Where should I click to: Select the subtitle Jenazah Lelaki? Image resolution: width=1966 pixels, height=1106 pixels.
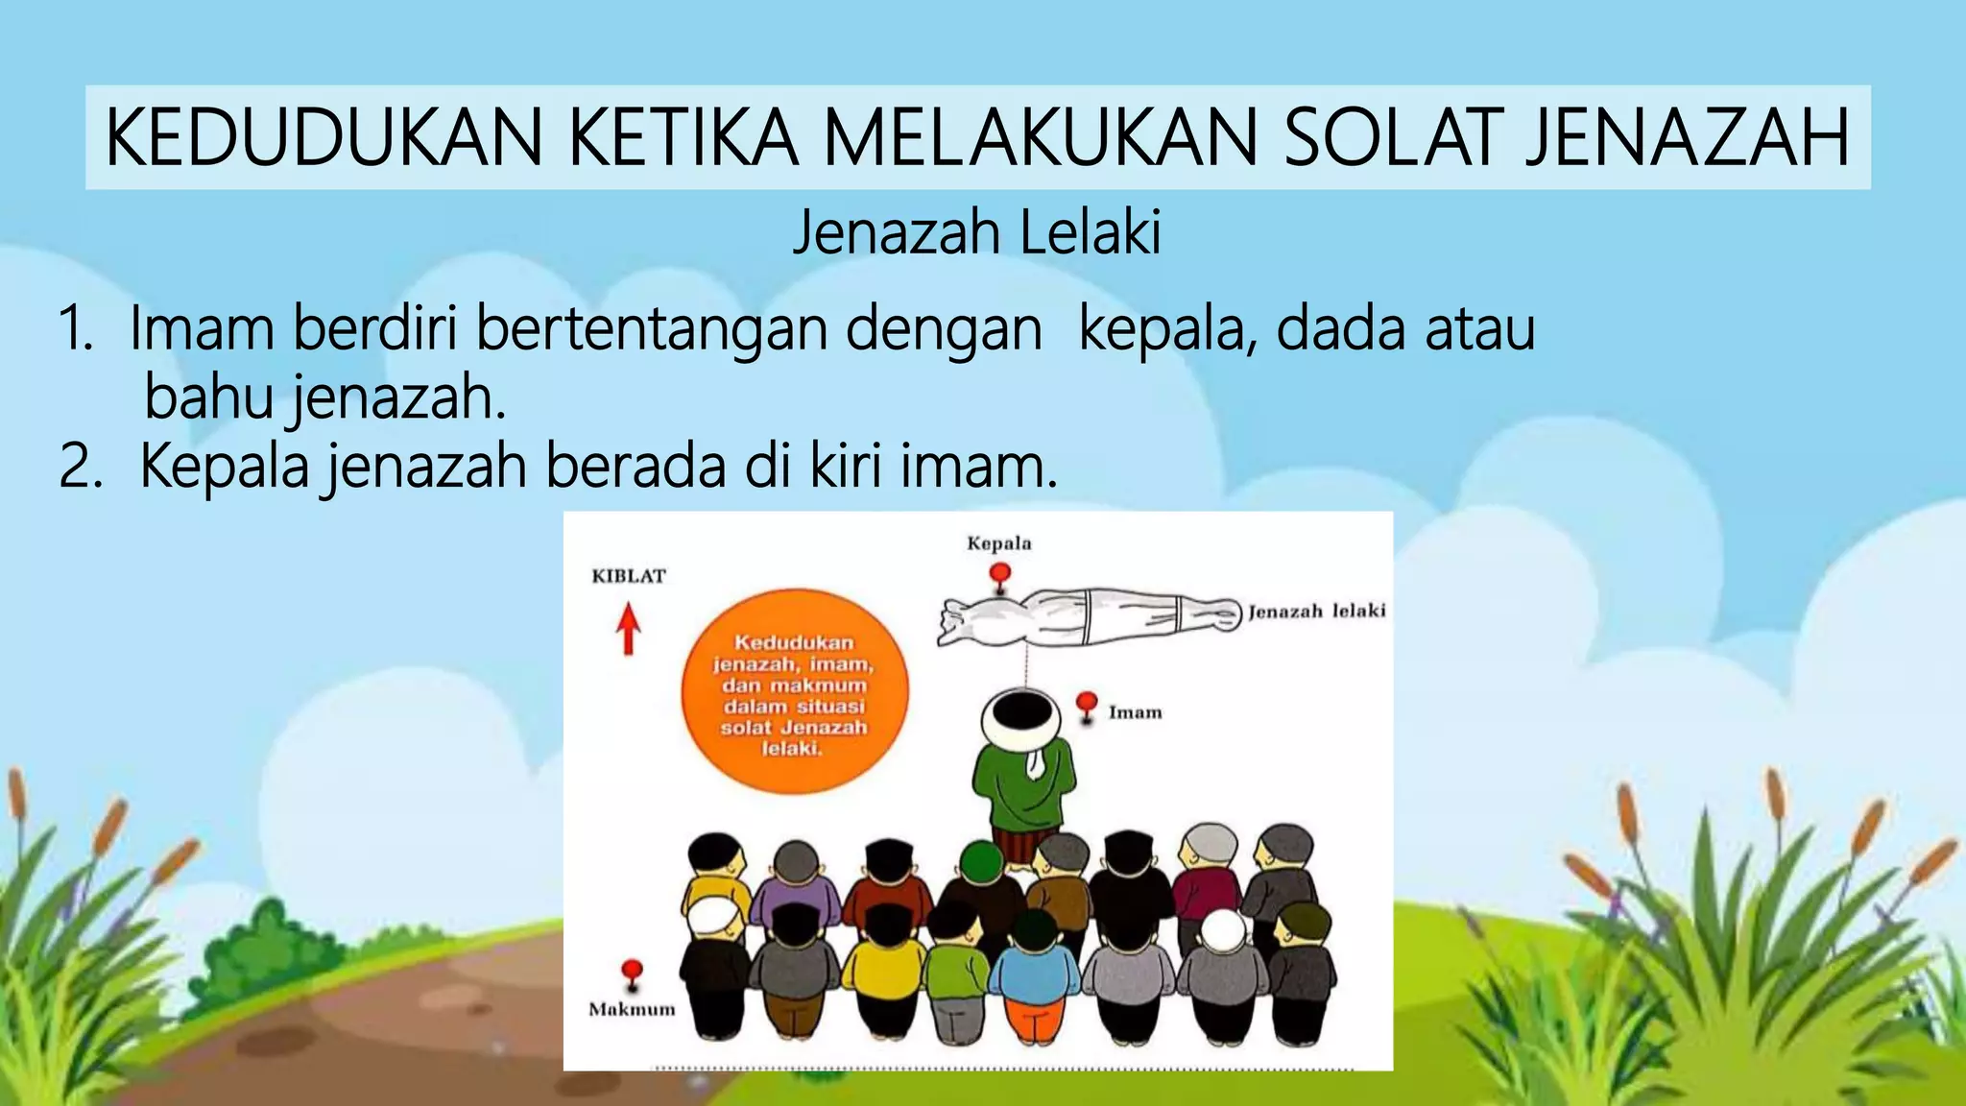(976, 232)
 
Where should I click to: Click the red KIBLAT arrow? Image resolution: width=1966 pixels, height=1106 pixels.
(628, 628)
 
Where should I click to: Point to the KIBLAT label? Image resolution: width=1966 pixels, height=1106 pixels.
(629, 576)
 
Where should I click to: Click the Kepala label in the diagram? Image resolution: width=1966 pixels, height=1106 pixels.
(998, 543)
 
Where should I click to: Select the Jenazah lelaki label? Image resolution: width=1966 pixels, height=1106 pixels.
(1316, 612)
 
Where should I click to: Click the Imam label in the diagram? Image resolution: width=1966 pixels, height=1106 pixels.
(1135, 712)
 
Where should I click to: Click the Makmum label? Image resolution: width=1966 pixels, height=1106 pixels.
(632, 1009)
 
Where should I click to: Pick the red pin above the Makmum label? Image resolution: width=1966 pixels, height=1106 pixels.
(632, 974)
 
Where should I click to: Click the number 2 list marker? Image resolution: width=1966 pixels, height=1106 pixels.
(81, 467)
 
